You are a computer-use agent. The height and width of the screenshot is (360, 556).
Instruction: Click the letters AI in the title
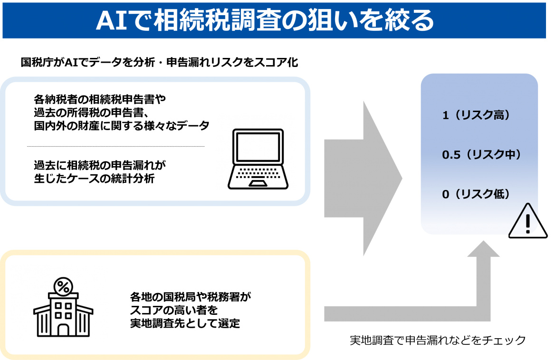111,20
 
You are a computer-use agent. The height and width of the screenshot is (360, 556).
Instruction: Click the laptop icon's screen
258,147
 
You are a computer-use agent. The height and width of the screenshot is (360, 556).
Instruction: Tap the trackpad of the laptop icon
258,183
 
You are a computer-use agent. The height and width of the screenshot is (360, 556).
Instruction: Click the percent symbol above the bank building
62,286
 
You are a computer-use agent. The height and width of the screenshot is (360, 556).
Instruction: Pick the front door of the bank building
63,329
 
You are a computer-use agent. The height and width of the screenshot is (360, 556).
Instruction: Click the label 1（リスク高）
476,115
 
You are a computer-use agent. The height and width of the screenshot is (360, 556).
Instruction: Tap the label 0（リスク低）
476,194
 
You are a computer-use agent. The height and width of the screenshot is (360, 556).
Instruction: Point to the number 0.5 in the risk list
451,155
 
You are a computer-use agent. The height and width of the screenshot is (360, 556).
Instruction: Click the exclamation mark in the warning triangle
527,222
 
